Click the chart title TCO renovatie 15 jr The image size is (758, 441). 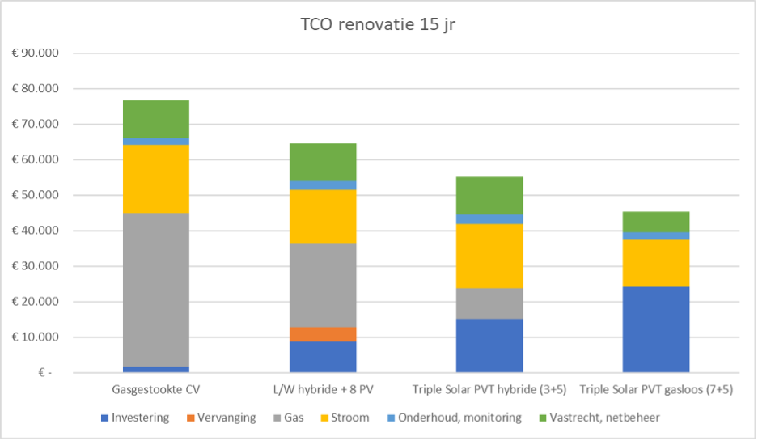tap(379, 25)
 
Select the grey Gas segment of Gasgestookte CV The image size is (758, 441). tap(156, 290)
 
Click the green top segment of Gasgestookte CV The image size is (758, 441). tap(156, 119)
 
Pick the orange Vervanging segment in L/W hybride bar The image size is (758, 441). tap(323, 334)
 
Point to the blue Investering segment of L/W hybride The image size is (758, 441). tap(323, 357)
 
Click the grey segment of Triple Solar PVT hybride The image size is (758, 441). tap(489, 303)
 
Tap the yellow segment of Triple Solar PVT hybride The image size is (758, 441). tap(489, 256)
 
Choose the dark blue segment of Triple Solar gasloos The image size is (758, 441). tap(656, 329)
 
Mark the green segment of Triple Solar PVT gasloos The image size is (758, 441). tap(656, 222)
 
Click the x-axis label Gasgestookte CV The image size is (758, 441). tap(156, 390)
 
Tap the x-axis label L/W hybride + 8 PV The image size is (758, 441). tap(323, 390)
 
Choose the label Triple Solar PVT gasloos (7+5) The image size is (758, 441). tap(656, 390)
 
